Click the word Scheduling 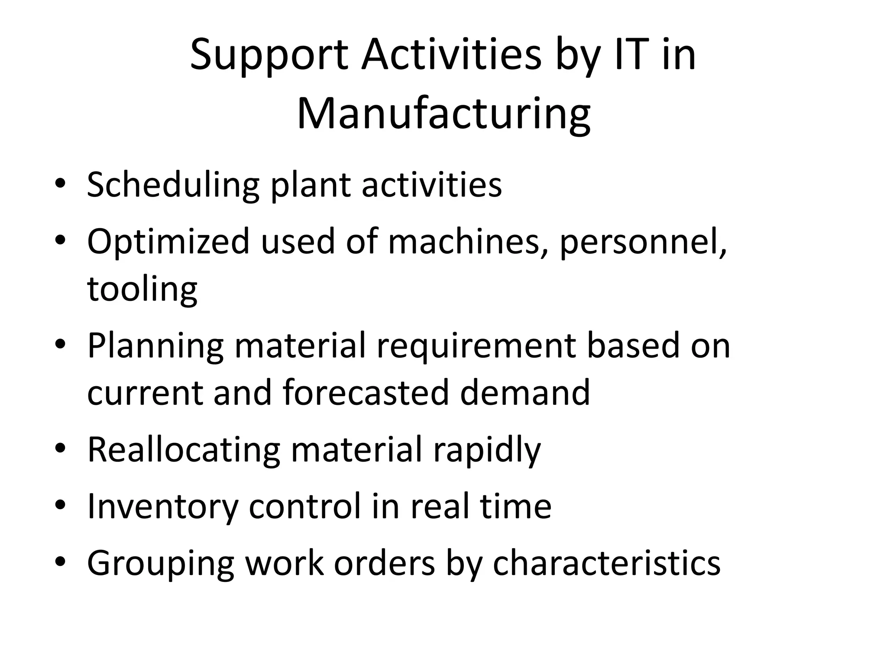point(173,185)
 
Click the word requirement point(476,346)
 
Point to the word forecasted point(366,392)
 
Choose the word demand point(524,392)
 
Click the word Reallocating point(184,450)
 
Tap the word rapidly point(487,450)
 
